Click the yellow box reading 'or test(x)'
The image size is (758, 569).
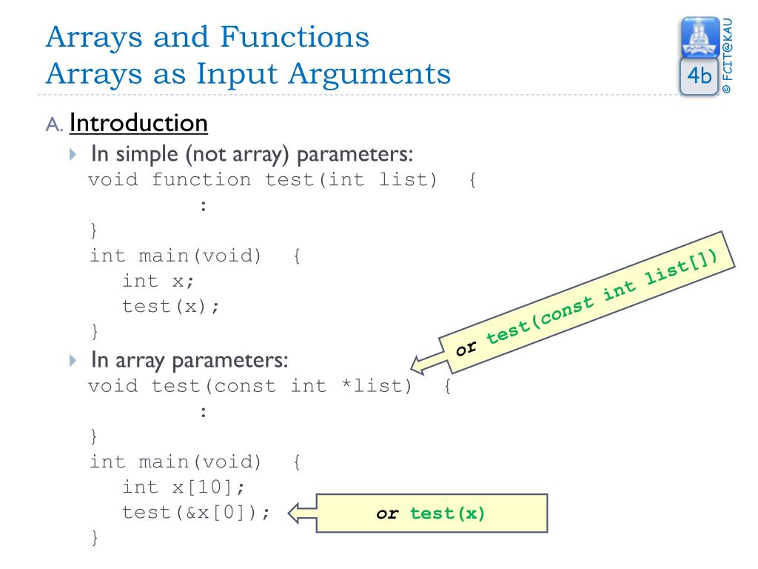tap(431, 513)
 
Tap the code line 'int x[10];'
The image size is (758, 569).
tap(183, 487)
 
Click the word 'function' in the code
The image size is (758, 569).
tap(201, 180)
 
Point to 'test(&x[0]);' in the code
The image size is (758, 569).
tap(196, 513)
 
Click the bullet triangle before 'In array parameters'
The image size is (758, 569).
tap(72, 361)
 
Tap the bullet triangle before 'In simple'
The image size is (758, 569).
tap(72, 156)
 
